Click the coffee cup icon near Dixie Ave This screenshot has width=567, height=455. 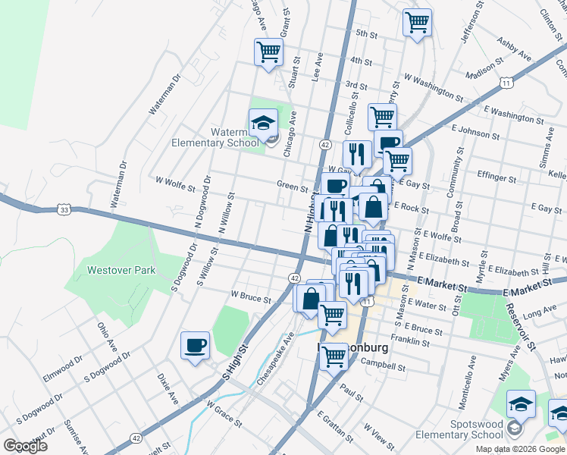pyautogui.click(x=195, y=346)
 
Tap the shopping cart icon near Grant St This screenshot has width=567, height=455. pyautogui.click(x=268, y=52)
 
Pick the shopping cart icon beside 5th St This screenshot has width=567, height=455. pyautogui.click(x=416, y=22)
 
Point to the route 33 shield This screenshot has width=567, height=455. pyautogui.click(x=65, y=209)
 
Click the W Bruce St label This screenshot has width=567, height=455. pyautogui.click(x=251, y=298)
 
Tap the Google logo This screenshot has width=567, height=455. pyautogui.click(x=26, y=445)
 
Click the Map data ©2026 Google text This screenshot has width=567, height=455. pyautogui.click(x=521, y=449)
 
